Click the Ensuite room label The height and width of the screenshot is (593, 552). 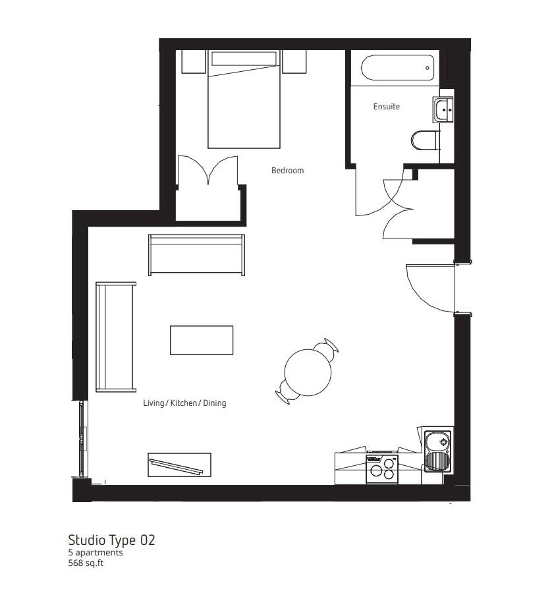[x=386, y=107]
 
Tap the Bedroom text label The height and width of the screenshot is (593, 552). [x=287, y=171]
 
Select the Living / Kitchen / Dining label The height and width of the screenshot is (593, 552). [x=184, y=403]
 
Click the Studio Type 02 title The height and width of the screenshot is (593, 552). [x=111, y=540]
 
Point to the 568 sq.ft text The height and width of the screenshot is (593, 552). [x=86, y=563]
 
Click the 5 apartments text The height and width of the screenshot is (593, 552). [x=96, y=553]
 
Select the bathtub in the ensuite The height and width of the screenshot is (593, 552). [x=397, y=67]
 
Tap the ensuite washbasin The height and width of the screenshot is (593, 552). [x=443, y=109]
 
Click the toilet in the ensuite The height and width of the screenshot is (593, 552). [x=426, y=140]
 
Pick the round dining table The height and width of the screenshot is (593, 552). [x=308, y=372]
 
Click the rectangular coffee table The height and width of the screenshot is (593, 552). [x=202, y=340]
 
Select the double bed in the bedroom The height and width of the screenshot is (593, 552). [x=244, y=102]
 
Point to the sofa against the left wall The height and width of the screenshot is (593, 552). [x=116, y=337]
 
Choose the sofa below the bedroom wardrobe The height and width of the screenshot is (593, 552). [x=196, y=255]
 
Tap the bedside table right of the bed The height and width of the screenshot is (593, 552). [x=294, y=62]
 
